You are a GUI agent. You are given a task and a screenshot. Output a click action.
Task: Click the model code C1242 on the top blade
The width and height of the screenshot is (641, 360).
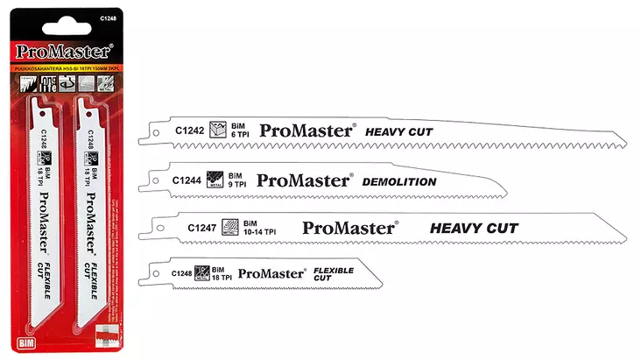click(x=189, y=131)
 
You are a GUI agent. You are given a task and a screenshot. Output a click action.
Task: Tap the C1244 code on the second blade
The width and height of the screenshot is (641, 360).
click(x=187, y=181)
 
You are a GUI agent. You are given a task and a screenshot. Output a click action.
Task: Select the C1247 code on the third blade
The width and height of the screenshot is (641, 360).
click(x=202, y=228)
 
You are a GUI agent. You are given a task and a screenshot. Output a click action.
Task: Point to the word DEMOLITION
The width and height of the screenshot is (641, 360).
click(x=399, y=182)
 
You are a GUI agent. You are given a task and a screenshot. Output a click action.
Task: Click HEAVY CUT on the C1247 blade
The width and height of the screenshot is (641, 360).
click(x=474, y=228)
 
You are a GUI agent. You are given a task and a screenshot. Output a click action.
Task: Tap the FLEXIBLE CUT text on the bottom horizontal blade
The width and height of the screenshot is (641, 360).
click(x=333, y=273)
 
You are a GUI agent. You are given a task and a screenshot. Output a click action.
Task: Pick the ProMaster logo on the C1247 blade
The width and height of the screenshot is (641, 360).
click(x=349, y=228)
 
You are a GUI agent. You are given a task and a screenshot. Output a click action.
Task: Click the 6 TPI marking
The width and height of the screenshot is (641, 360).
click(x=241, y=135)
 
